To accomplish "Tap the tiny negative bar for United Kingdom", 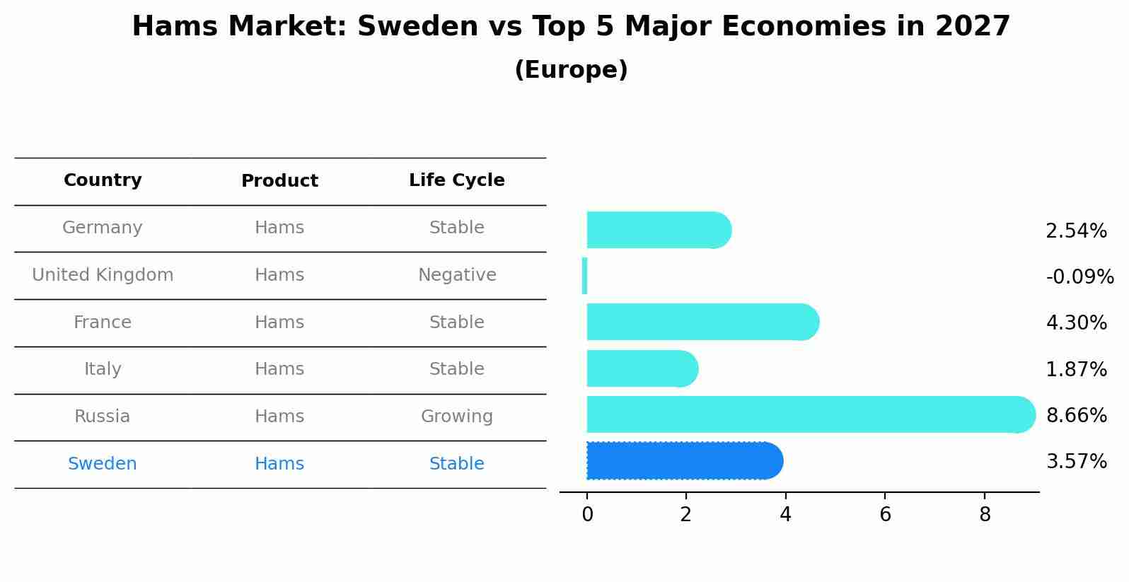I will coord(584,276).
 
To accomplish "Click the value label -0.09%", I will coord(1079,277).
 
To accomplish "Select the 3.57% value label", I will coord(1076,462).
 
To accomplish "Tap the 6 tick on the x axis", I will coord(885,515).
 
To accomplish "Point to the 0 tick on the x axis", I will coord(587,515).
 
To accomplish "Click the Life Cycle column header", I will coord(456,180).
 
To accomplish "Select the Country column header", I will coord(103,180).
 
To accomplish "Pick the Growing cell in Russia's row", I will coord(456,417).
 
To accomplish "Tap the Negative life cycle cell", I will coord(456,275).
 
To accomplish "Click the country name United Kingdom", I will coord(103,275).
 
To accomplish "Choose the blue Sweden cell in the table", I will coord(103,464).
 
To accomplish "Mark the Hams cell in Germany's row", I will coord(279,228).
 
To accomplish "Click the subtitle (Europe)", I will coord(571,70).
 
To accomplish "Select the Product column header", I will coord(279,181).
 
